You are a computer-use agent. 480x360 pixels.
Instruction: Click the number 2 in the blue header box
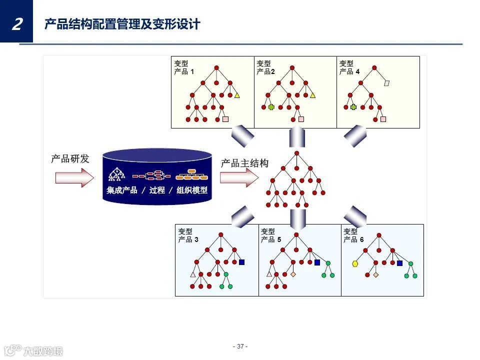17,23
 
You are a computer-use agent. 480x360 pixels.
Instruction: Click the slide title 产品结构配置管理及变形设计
122,24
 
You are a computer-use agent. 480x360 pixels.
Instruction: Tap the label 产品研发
70,159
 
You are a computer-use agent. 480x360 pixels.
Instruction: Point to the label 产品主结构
245,163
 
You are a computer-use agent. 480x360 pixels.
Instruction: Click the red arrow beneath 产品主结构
239,177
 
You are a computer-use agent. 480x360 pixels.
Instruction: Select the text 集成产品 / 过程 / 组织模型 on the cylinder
157,190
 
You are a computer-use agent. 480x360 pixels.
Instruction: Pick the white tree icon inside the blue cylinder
116,174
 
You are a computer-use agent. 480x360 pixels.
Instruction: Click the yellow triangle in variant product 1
237,95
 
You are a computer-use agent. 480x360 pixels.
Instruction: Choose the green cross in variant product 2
271,107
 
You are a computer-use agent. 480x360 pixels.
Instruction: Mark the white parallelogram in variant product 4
386,83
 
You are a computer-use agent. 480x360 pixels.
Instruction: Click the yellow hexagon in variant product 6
355,263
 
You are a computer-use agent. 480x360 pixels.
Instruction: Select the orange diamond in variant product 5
293,274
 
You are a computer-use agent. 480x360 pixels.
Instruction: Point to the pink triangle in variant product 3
192,274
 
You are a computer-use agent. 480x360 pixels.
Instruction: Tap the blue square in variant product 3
242,262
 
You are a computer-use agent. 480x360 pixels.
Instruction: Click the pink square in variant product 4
383,119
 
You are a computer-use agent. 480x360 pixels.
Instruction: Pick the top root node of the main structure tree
296,153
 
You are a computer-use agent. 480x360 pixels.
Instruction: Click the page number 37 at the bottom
240,346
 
